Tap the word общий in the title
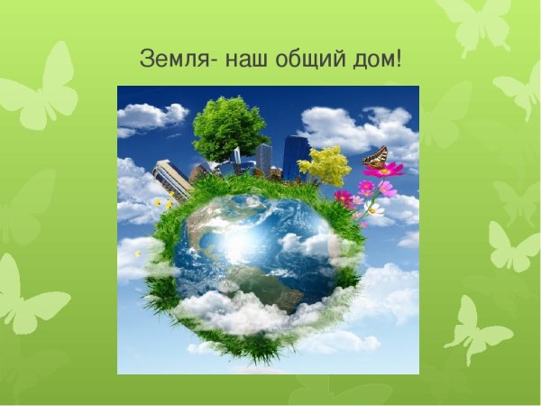(x=311, y=60)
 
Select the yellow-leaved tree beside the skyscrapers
(x=324, y=166)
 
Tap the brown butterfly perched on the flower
(x=375, y=158)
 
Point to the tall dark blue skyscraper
(x=295, y=156)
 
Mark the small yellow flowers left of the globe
(x=162, y=205)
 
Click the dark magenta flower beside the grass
(x=344, y=198)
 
